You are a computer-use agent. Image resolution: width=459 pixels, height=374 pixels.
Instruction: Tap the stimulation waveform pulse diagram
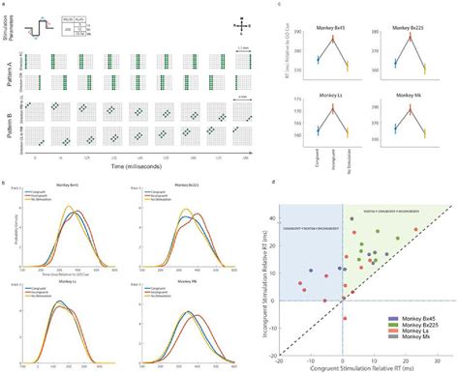[43, 23]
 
